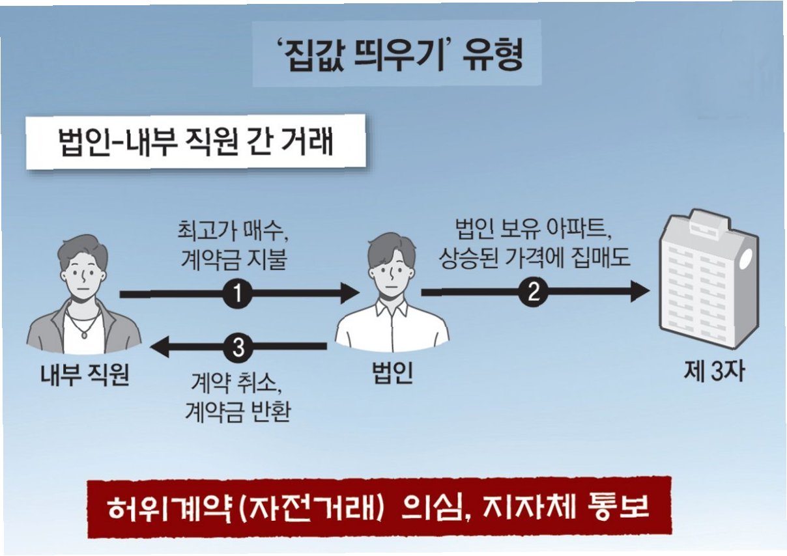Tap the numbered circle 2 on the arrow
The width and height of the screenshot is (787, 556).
tap(534, 293)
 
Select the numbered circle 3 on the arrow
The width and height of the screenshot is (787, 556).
tap(238, 348)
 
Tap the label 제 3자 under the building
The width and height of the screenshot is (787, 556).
tap(713, 372)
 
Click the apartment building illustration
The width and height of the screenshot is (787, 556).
tap(707, 281)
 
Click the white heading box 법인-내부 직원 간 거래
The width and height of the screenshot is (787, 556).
tap(195, 142)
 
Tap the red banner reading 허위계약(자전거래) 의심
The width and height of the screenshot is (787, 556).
tap(379, 508)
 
